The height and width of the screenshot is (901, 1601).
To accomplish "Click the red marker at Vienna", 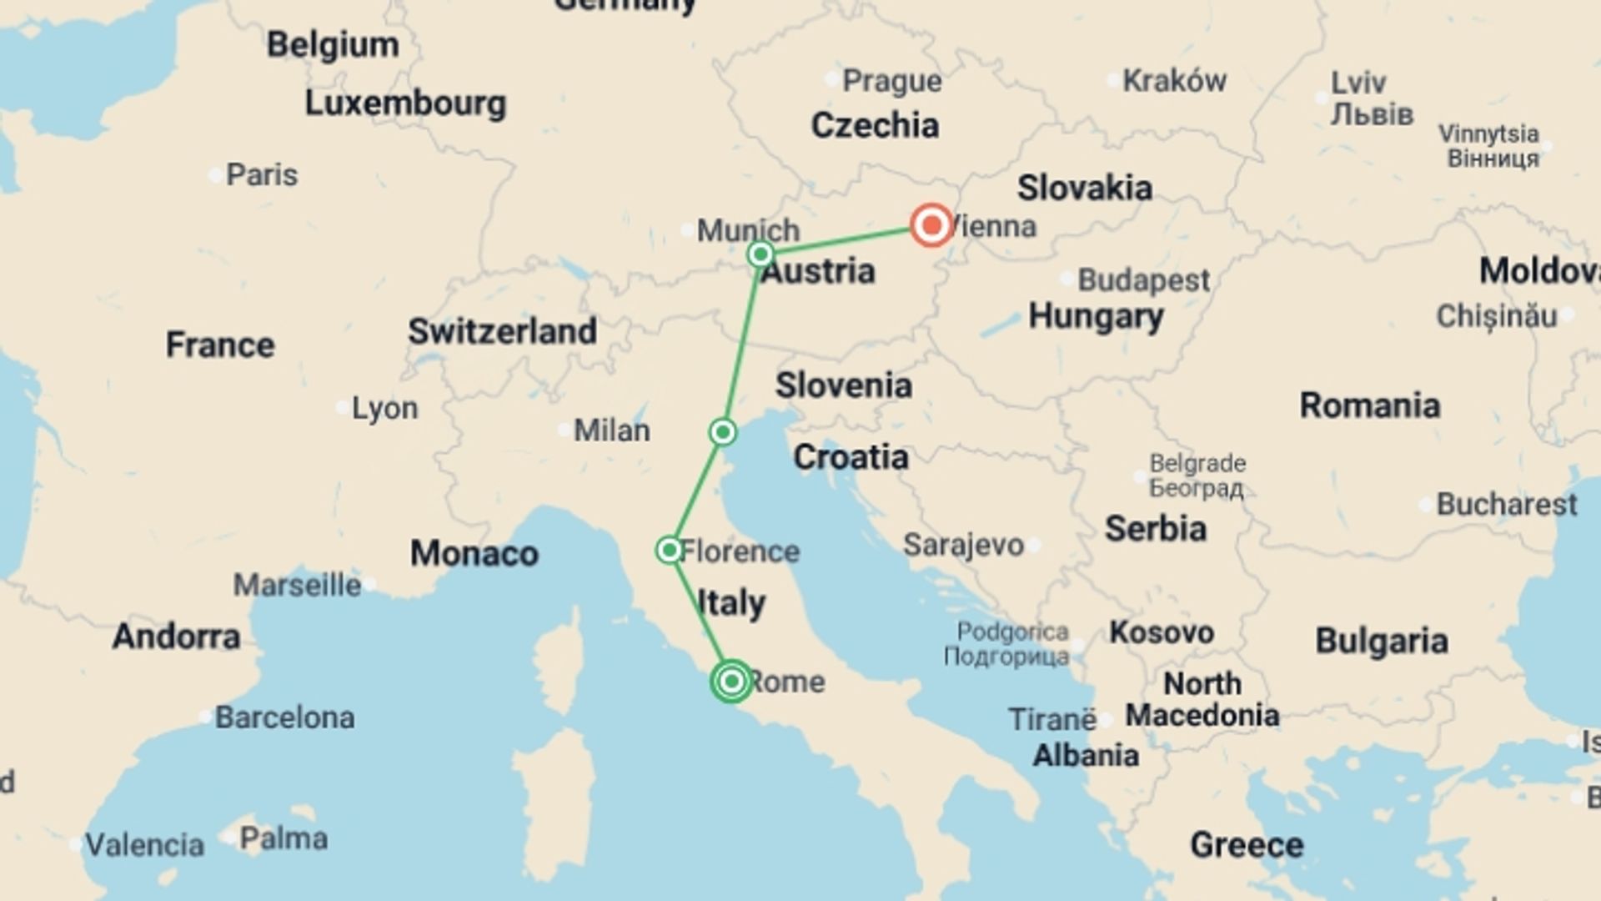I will pyautogui.click(x=931, y=224).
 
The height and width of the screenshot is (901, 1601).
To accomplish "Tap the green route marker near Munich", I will pyautogui.click(x=760, y=254).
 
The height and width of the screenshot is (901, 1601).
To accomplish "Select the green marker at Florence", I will pyautogui.click(x=669, y=550).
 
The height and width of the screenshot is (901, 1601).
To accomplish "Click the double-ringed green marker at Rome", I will pyautogui.click(x=731, y=682).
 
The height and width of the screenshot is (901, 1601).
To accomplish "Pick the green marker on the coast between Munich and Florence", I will pyautogui.click(x=723, y=432).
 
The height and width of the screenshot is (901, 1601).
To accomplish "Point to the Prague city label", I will pyautogui.click(x=891, y=81).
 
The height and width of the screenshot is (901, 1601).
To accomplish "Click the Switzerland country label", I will pyautogui.click(x=502, y=331).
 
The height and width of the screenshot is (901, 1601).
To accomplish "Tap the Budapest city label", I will pyautogui.click(x=1142, y=280).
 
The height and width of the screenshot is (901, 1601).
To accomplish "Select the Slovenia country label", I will pyautogui.click(x=843, y=385).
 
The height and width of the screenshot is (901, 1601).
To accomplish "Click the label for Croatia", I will pyautogui.click(x=851, y=457).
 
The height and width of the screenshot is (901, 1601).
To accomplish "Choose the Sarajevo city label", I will pyautogui.click(x=963, y=545).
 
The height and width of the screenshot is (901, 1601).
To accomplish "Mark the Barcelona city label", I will pyautogui.click(x=284, y=717).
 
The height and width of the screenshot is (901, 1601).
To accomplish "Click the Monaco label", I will pyautogui.click(x=474, y=553).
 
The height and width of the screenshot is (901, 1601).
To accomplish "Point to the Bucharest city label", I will pyautogui.click(x=1506, y=505).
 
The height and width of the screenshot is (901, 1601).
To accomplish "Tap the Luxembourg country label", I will pyautogui.click(x=405, y=103).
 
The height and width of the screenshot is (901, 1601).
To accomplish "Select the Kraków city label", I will pyautogui.click(x=1173, y=81).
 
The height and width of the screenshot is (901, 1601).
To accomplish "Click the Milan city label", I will pyautogui.click(x=611, y=430).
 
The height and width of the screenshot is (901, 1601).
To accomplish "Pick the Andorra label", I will pyautogui.click(x=176, y=637).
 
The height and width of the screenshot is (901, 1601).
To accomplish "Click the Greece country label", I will pyautogui.click(x=1246, y=845).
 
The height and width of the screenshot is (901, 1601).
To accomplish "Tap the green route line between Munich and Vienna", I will pyautogui.click(x=842, y=239).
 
